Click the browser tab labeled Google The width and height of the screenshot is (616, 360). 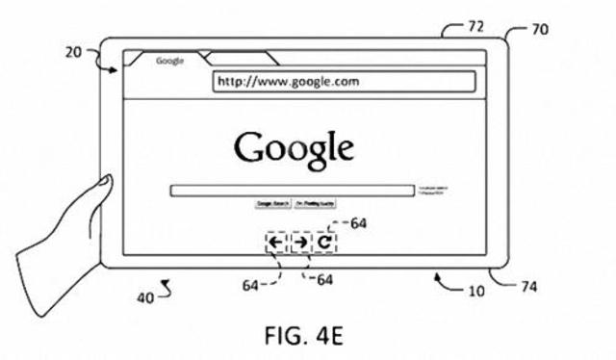click(x=169, y=61)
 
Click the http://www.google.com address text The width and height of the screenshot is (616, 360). click(x=288, y=83)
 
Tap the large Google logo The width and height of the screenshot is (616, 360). click(x=295, y=148)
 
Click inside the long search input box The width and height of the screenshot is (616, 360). click(x=289, y=191)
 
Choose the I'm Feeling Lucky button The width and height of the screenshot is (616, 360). click(x=313, y=205)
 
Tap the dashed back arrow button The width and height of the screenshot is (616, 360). click(x=276, y=243)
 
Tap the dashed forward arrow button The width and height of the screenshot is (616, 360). click(x=301, y=243)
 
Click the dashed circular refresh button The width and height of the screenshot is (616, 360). click(x=325, y=243)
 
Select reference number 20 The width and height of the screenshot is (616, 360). click(x=73, y=53)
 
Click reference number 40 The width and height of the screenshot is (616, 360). click(x=144, y=297)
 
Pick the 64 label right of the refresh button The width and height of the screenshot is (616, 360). click(x=358, y=223)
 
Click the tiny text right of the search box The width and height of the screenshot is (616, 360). click(x=430, y=190)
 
